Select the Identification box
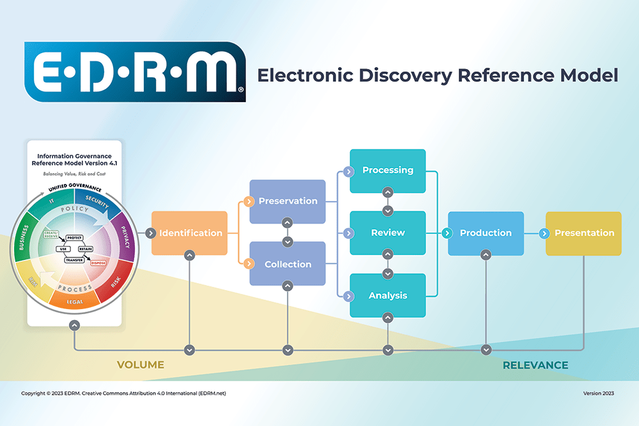190,233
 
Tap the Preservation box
288,201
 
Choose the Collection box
288,264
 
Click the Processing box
388,171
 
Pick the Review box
388,232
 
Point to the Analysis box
388,296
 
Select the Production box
486,233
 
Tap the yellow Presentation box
583,233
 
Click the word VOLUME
141,365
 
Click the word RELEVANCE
535,365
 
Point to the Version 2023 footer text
598,393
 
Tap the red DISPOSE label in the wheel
99,262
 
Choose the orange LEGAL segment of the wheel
75,301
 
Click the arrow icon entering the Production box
445,233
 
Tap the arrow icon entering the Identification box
150,233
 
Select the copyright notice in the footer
123,393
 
